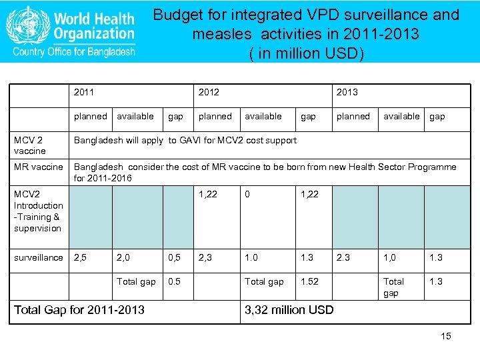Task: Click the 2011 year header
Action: (84, 92)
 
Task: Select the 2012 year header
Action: (209, 92)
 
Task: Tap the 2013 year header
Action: (347, 92)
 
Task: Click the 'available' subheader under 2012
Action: (263, 116)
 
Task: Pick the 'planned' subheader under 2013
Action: (353, 116)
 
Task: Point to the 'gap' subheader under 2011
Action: (175, 116)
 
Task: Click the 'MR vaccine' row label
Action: (39, 167)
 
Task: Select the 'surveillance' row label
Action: (39, 257)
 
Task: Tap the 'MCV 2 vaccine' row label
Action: (30, 145)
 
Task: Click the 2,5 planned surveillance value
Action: (80, 257)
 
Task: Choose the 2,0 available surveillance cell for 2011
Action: (123, 257)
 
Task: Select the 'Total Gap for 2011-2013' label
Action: (79, 310)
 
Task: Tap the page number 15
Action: (445, 336)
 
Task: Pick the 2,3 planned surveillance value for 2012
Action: (205, 257)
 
